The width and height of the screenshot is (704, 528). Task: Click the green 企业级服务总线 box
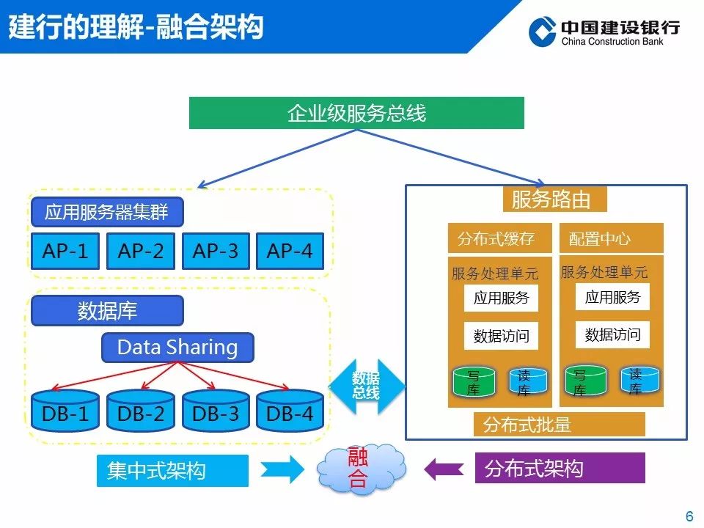(x=356, y=113)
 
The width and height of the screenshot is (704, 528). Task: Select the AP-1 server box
(x=65, y=252)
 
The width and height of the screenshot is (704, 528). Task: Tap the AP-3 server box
(x=216, y=252)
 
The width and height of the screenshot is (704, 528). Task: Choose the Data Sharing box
(x=177, y=348)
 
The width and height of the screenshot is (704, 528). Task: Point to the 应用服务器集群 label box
(x=107, y=213)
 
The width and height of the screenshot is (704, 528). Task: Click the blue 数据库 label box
(x=107, y=311)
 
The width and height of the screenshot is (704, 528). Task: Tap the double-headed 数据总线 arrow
(x=366, y=385)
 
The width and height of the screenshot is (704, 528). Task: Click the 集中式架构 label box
(x=172, y=470)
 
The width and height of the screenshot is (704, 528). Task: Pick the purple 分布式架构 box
(x=560, y=469)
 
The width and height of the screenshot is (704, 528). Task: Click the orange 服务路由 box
(x=556, y=199)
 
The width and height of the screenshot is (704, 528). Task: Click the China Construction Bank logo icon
(x=543, y=32)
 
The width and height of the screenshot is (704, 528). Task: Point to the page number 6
(x=689, y=516)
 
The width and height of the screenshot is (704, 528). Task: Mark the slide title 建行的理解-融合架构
(x=136, y=27)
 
